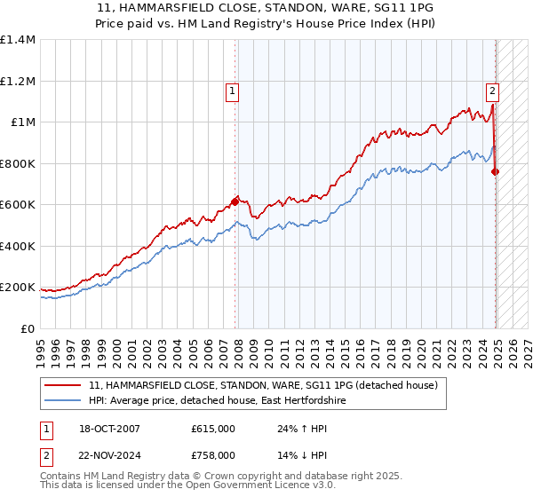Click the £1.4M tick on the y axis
click(18, 40)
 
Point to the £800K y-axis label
click(18, 163)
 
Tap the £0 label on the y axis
click(28, 328)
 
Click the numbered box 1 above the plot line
click(232, 90)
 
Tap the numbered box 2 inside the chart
click(492, 90)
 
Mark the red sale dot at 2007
click(235, 201)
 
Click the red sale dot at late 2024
click(496, 172)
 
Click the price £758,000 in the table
click(213, 454)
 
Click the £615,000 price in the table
click(213, 429)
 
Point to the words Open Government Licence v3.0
click(261, 485)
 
